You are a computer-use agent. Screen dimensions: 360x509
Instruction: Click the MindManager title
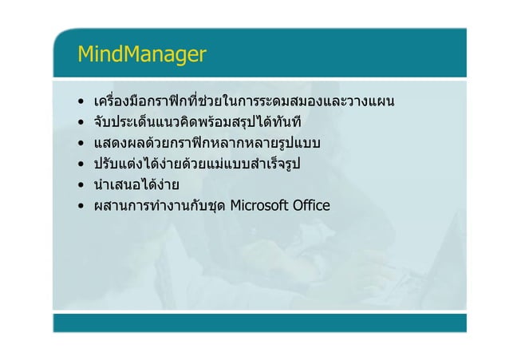(x=141, y=54)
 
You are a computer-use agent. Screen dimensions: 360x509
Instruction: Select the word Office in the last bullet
(x=311, y=208)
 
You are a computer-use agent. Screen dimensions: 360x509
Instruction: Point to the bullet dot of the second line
(x=81, y=124)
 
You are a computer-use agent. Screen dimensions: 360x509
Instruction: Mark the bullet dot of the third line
(x=81, y=144)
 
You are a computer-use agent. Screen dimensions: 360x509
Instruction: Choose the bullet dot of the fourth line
(x=81, y=166)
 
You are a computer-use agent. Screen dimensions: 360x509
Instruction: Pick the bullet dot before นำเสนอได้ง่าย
(x=81, y=187)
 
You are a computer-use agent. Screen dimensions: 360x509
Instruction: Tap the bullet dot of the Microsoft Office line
(x=81, y=208)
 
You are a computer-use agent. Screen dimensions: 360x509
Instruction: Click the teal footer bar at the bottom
(x=259, y=322)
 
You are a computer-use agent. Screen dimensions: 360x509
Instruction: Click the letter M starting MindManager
(x=86, y=54)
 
